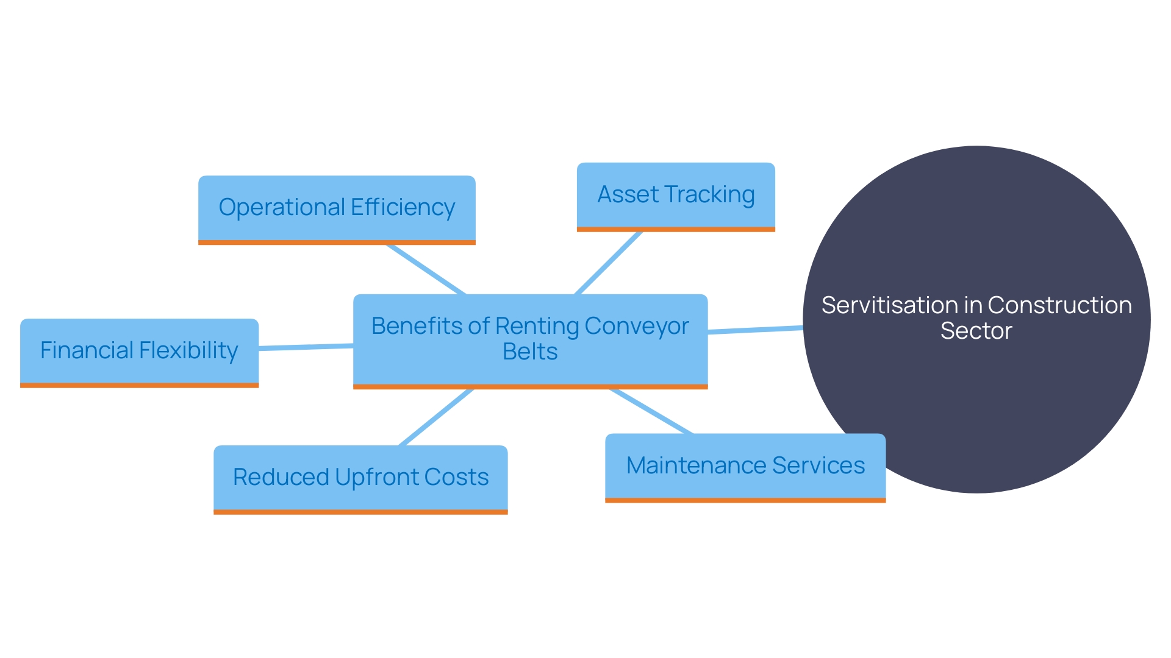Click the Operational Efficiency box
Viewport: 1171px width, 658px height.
pos(337,208)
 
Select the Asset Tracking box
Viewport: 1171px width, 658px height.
pos(676,196)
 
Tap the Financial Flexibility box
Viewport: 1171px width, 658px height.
pos(139,351)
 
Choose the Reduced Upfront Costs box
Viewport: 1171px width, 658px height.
pos(360,478)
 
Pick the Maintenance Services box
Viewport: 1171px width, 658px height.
pos(745,466)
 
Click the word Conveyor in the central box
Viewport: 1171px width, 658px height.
pos(636,327)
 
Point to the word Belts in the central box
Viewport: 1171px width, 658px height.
pos(530,352)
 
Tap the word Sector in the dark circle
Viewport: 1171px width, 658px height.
pos(976,331)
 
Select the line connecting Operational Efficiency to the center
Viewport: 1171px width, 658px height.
pos(426,269)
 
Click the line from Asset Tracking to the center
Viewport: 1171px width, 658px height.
pos(608,263)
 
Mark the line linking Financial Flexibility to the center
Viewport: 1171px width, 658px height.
pos(306,347)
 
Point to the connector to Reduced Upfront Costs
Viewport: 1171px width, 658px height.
pos(436,417)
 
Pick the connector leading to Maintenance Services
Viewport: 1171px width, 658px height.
pos(651,411)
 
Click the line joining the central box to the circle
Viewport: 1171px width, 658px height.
pos(755,330)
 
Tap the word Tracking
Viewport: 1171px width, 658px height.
pos(710,195)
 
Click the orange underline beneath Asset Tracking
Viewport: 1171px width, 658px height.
pos(676,230)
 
